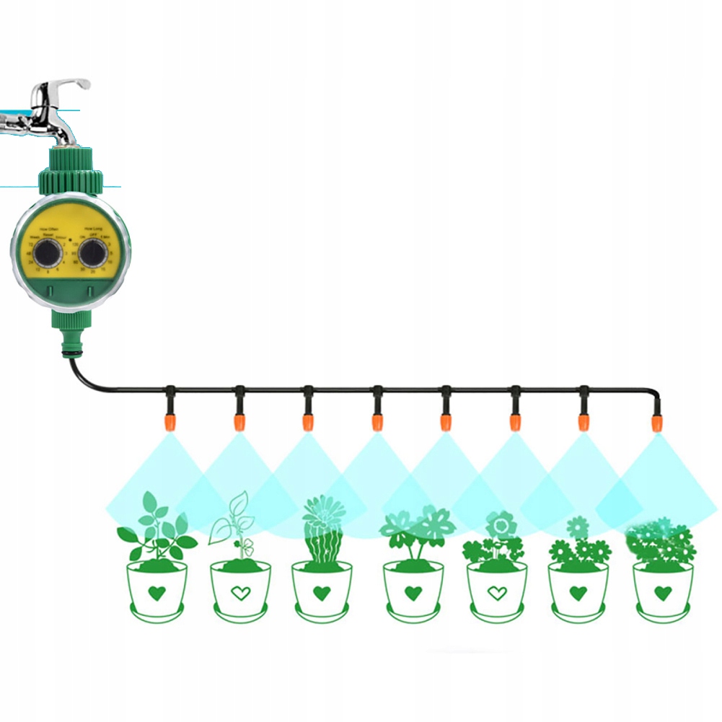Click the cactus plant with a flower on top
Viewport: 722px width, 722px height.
coord(322,529)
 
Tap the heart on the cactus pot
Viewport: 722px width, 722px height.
coord(322,594)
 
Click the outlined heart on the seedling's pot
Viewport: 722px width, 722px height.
coord(240,594)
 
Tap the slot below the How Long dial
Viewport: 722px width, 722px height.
coord(89,293)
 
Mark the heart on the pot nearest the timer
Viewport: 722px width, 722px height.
coord(157,594)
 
